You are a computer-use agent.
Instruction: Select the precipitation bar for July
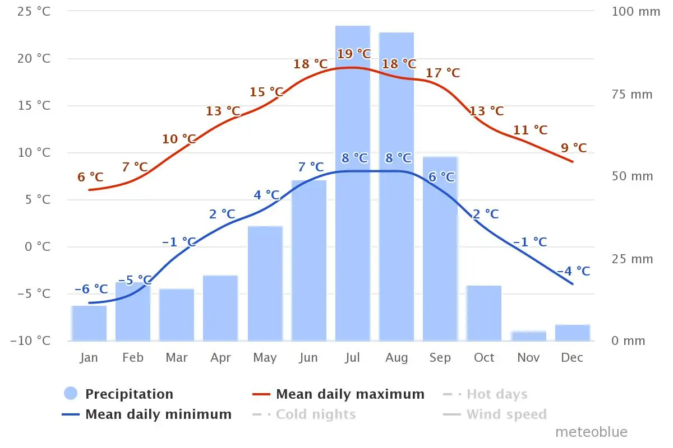pyautogui.click(x=352, y=183)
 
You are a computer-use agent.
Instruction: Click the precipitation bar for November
pyautogui.click(x=528, y=336)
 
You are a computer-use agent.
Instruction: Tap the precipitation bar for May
pyautogui.click(x=265, y=283)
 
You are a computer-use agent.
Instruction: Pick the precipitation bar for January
pyautogui.click(x=89, y=324)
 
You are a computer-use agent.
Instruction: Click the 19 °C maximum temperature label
pyautogui.click(x=354, y=54)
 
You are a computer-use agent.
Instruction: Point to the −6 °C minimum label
pyautogui.click(x=91, y=290)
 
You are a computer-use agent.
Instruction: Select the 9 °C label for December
pyautogui.click(x=574, y=148)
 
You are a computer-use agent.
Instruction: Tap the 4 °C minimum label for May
pyautogui.click(x=266, y=195)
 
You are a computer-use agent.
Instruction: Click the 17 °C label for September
pyautogui.click(x=443, y=73)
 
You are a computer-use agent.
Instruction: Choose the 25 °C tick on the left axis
pyautogui.click(x=34, y=11)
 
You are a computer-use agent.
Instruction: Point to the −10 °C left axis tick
pyautogui.click(x=30, y=341)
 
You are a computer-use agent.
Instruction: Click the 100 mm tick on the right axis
pyautogui.click(x=636, y=12)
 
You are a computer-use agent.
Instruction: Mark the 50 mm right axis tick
pyautogui.click(x=633, y=176)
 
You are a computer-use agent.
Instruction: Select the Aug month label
pyautogui.click(x=397, y=358)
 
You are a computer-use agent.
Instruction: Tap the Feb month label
pyautogui.click(x=133, y=358)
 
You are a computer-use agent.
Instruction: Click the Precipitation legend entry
pyautogui.click(x=119, y=394)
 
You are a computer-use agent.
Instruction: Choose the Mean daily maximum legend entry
pyautogui.click(x=338, y=394)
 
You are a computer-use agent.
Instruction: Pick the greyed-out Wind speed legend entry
pyautogui.click(x=495, y=414)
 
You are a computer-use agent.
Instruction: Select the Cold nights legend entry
pyautogui.click(x=304, y=414)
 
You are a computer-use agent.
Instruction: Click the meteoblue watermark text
pyautogui.click(x=591, y=432)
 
